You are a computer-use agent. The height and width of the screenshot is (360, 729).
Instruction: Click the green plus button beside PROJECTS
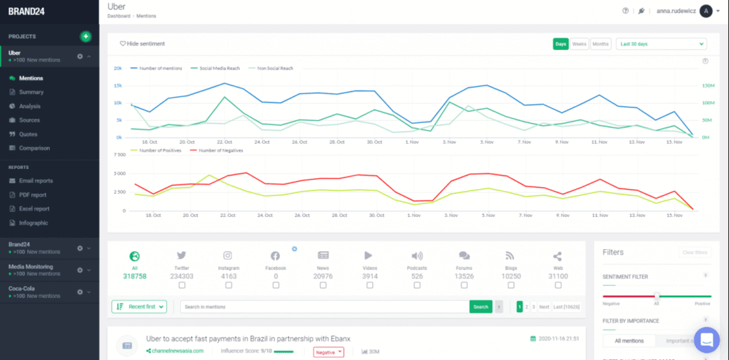coord(86,36)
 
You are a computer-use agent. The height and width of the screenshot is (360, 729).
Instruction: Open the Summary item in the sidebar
coord(31,92)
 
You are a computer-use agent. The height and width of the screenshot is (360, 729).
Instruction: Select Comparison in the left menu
coord(34,148)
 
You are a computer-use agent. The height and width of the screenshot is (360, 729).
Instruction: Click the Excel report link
coord(34,209)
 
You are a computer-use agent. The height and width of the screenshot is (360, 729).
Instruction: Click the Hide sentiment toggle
coord(142,44)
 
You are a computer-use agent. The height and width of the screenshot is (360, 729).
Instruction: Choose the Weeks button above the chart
coord(579,44)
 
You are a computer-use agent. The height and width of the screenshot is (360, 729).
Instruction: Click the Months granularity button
coord(600,44)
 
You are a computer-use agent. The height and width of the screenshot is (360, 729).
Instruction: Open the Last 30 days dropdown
coord(661,44)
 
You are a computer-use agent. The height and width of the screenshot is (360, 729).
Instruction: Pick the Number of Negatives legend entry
coord(220,151)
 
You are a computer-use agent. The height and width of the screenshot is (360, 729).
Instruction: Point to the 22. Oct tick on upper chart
coord(225,143)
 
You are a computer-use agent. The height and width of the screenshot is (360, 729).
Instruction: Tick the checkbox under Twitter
coord(182,285)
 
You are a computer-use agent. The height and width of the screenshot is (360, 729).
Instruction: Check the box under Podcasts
coord(417,285)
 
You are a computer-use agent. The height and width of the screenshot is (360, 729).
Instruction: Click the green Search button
coord(481,307)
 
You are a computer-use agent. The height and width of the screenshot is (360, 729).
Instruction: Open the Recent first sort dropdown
coord(138,307)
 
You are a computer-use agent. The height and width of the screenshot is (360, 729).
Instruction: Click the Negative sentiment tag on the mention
coord(329,351)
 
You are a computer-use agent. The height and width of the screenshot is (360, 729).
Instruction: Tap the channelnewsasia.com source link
coord(178,351)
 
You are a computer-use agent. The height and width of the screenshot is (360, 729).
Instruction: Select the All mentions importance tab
coord(629,341)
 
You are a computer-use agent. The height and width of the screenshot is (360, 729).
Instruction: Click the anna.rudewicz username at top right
coord(675,11)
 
